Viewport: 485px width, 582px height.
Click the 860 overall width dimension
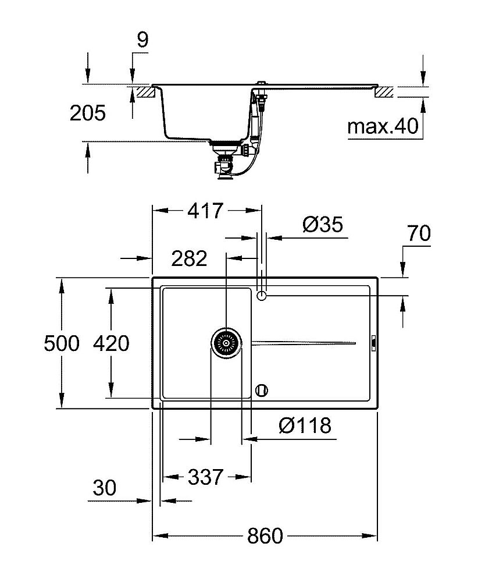pyautogui.click(x=265, y=535)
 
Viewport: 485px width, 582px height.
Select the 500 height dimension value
pyautogui.click(x=62, y=343)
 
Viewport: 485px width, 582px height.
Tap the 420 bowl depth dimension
pyautogui.click(x=111, y=343)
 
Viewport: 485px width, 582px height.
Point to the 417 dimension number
pyautogui.click(x=205, y=211)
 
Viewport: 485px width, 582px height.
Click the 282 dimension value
pyautogui.click(x=189, y=258)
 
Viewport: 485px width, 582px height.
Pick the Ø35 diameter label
pyautogui.click(x=323, y=224)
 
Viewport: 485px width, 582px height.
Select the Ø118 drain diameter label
pyautogui.click(x=305, y=426)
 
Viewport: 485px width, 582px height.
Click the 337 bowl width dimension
pyautogui.click(x=205, y=477)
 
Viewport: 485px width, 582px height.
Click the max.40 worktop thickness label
pyautogui.click(x=383, y=126)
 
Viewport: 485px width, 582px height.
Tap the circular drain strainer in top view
pyautogui.click(x=226, y=343)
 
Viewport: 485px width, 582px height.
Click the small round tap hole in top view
pyautogui.click(x=262, y=296)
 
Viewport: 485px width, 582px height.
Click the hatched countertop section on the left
pyautogui.click(x=144, y=92)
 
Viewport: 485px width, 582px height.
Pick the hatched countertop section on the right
pyautogui.click(x=384, y=92)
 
